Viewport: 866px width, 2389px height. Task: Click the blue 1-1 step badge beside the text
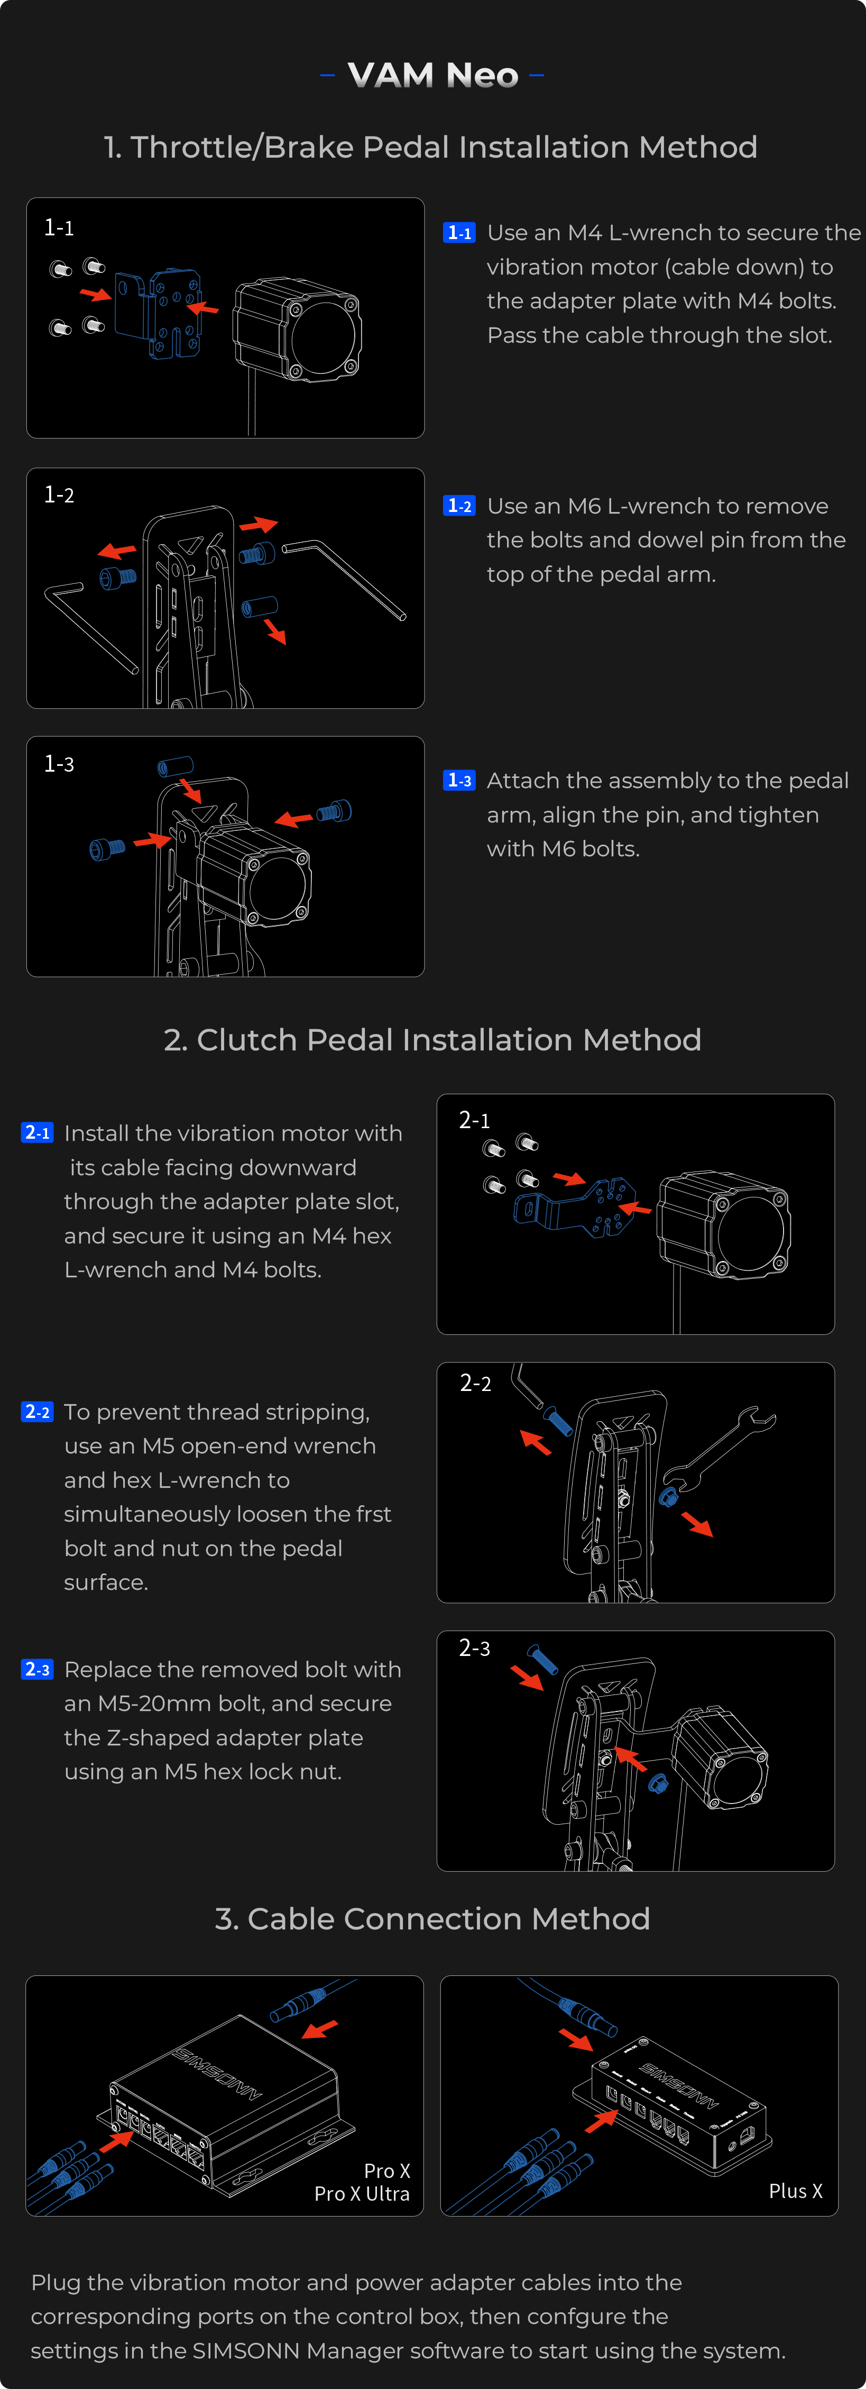pos(459,233)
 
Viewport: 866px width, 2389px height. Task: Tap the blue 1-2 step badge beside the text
pos(459,506)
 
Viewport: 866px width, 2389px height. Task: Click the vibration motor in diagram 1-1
pos(297,329)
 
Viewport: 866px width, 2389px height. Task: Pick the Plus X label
pos(795,2191)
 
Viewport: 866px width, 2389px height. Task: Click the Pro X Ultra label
pos(362,2193)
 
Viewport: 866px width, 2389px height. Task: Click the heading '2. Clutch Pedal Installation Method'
pos(432,1040)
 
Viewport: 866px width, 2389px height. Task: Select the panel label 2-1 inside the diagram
pos(474,1120)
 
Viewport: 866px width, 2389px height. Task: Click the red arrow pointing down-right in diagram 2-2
pos(697,1524)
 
